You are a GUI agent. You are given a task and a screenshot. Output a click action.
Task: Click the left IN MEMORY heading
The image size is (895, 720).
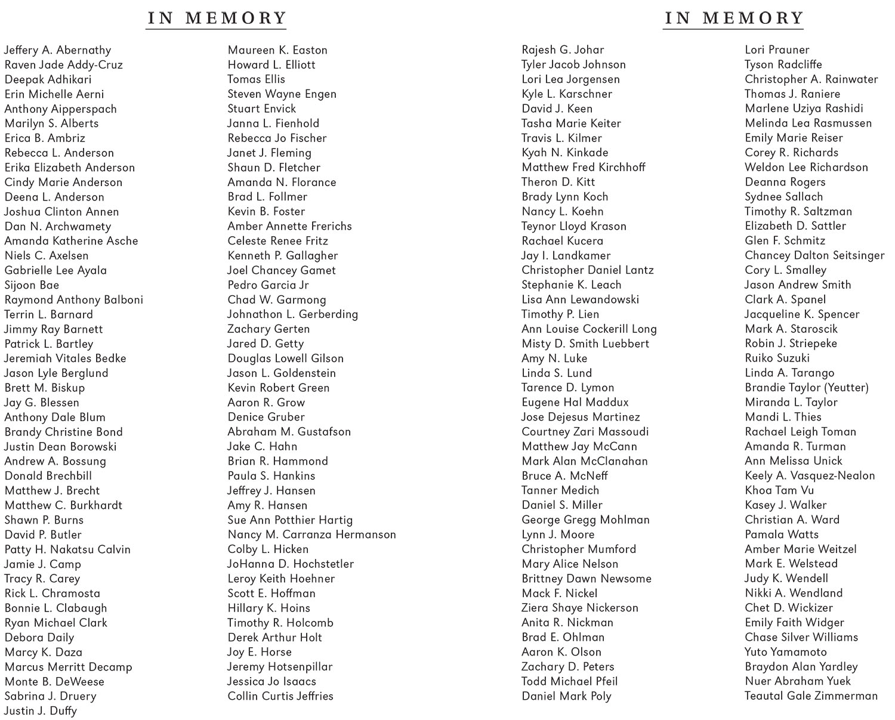coord(217,18)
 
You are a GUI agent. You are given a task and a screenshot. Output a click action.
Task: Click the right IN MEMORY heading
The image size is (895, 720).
coord(734,18)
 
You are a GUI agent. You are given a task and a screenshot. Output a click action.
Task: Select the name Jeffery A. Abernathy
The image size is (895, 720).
coord(57,50)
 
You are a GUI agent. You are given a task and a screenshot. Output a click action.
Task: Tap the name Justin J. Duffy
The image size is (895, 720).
coord(41,710)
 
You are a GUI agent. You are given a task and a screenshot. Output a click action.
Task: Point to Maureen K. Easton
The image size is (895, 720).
coord(277,50)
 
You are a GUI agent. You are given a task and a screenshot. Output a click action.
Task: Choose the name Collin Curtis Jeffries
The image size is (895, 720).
coord(280,696)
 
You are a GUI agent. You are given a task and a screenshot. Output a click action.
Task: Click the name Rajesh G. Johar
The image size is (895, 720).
coord(563,50)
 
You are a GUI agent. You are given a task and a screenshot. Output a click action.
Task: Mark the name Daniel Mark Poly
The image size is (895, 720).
coord(566,696)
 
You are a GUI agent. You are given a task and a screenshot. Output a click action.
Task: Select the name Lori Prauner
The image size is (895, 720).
coord(777,50)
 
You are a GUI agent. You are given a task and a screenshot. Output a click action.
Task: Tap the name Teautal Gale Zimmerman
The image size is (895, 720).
coord(811,696)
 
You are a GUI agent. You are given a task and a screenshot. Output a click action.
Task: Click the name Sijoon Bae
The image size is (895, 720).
coord(32,285)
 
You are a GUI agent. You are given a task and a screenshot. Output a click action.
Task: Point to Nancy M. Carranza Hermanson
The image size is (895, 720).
coord(311,534)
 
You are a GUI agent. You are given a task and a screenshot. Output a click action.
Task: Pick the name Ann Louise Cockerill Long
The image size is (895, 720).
coord(589,329)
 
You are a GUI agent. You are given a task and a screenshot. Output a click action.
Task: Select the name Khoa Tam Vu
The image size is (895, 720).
coord(779,490)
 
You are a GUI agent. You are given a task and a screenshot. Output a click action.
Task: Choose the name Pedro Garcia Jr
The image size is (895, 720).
coord(268,285)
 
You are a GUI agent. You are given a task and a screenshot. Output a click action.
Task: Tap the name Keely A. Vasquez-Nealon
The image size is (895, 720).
coord(810,475)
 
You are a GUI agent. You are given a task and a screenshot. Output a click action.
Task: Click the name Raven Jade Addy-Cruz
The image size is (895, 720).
coord(63,65)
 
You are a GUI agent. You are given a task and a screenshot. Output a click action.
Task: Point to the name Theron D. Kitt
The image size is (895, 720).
coord(558,182)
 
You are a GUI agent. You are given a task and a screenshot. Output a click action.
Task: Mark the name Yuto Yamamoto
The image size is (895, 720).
coord(786,652)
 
